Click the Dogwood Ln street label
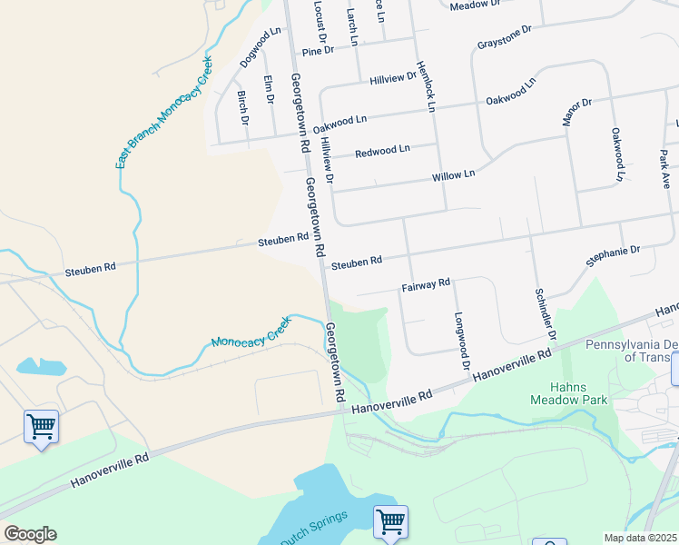click(x=261, y=47)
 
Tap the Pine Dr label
click(x=318, y=51)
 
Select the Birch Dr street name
click(x=242, y=107)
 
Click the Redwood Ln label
click(x=382, y=150)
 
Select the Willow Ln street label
click(x=454, y=174)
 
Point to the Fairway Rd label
click(x=426, y=284)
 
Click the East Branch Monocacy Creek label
click(x=163, y=113)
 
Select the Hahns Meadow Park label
click(x=569, y=391)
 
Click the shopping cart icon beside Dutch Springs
click(x=390, y=522)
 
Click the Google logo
click(x=30, y=534)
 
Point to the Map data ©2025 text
click(x=641, y=538)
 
